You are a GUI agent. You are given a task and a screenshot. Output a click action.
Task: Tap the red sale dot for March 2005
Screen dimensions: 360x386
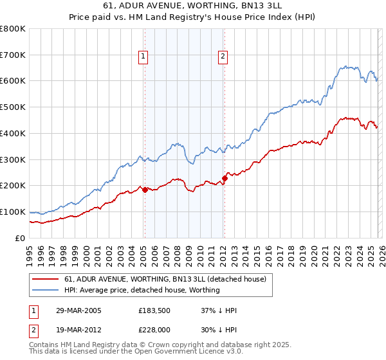(x=145, y=190)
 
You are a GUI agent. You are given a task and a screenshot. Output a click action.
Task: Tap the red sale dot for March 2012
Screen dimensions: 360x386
(x=225, y=178)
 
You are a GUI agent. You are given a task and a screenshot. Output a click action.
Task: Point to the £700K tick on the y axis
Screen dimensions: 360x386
(x=13, y=55)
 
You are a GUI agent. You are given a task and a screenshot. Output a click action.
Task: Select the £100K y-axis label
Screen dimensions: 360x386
(x=13, y=212)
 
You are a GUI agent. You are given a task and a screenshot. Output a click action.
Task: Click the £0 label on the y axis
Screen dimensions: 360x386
(x=19, y=238)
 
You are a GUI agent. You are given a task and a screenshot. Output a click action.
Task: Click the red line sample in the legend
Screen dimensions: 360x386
(x=46, y=279)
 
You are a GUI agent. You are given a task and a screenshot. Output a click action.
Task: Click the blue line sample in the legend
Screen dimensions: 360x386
(x=46, y=290)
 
